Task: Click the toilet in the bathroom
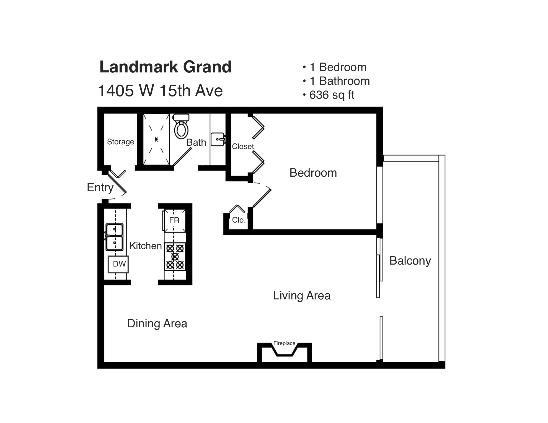click(181, 127)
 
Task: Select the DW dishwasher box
click(118, 264)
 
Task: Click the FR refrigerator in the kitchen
click(174, 220)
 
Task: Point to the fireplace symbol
click(285, 352)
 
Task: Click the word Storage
click(120, 142)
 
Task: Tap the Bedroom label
click(313, 173)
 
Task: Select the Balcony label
click(410, 261)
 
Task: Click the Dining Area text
click(157, 323)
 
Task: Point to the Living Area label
click(302, 296)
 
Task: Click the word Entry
click(100, 187)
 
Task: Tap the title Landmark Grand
click(165, 67)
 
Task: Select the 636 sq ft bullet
click(329, 95)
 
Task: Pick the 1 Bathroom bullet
click(336, 81)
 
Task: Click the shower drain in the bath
click(156, 139)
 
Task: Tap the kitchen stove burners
click(175, 257)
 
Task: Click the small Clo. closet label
click(239, 220)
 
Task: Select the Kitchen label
click(146, 246)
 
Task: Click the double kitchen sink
click(114, 237)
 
